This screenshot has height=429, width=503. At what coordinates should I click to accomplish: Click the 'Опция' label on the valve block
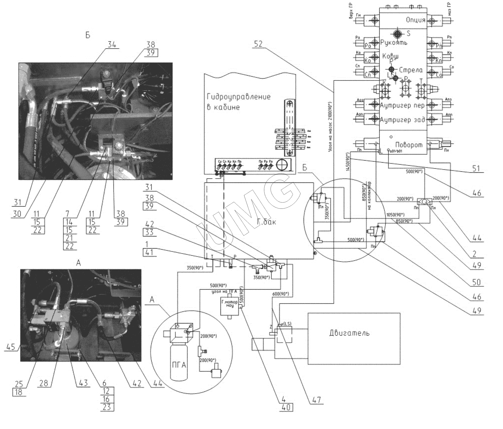click(415, 20)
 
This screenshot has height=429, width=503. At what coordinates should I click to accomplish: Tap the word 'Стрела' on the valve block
click(411, 70)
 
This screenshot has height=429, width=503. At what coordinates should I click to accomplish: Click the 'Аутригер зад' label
click(402, 120)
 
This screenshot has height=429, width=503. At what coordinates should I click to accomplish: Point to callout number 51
click(476, 169)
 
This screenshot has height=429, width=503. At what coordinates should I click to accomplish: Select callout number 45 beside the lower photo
click(10, 347)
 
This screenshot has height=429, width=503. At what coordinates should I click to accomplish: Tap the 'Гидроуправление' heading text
click(239, 97)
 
